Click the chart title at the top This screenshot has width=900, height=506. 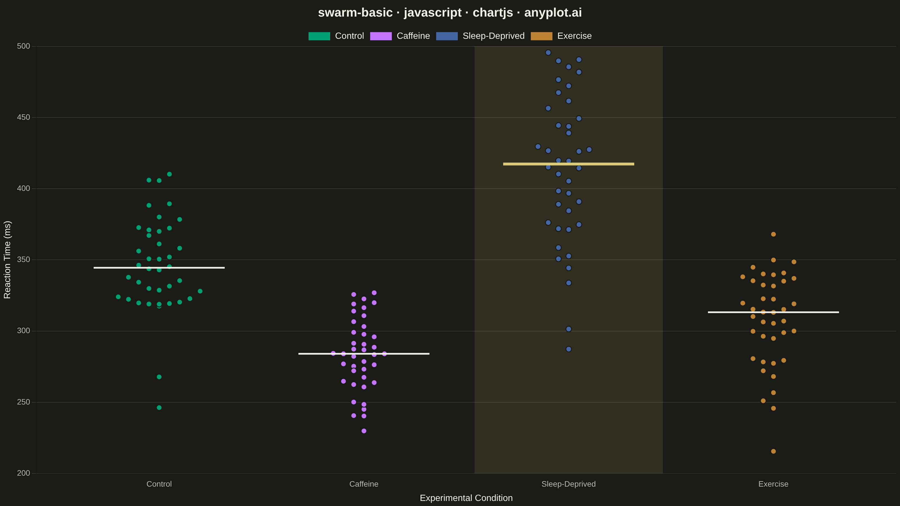[450, 13]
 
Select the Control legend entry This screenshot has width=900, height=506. [336, 36]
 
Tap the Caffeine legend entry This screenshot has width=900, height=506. [400, 36]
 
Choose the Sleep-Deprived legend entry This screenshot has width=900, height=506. [480, 36]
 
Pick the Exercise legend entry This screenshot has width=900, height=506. [561, 36]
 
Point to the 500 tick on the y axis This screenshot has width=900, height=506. [23, 46]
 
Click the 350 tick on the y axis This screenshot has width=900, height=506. [23, 259]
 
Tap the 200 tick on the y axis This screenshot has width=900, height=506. [23, 473]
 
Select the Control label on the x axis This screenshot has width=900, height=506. [159, 484]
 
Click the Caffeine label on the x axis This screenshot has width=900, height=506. [364, 484]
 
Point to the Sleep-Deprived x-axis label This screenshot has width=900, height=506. [568, 484]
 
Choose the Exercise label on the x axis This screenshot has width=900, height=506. [773, 484]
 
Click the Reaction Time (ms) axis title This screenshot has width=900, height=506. [7, 259]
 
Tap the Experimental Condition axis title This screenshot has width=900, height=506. [466, 498]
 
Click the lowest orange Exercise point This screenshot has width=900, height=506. [773, 451]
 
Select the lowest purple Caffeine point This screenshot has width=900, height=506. [364, 431]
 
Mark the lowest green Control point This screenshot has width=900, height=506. [159, 408]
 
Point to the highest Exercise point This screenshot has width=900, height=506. [773, 234]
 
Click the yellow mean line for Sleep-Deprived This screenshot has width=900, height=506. [568, 164]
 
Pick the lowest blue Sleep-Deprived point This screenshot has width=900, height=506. [568, 349]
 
